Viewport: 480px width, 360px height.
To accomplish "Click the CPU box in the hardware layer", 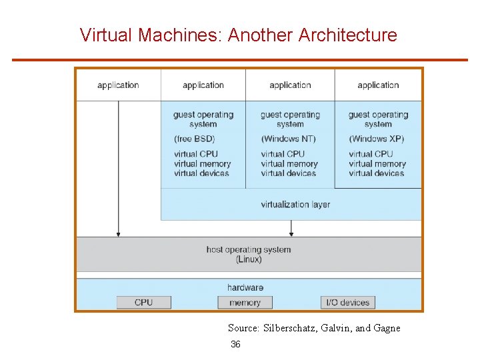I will click(x=143, y=302).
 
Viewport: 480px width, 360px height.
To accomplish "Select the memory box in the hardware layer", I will click(x=245, y=302).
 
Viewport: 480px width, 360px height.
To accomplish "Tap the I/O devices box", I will click(x=347, y=302).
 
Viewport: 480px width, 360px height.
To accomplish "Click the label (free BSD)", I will click(x=194, y=139).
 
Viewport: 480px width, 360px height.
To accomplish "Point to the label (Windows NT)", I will click(x=288, y=139).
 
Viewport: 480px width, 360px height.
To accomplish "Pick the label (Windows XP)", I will click(x=376, y=139).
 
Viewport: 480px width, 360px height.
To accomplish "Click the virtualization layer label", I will click(x=295, y=204).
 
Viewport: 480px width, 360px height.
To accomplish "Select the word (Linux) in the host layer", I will click(x=249, y=259).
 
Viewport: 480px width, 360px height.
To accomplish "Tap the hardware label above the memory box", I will click(x=245, y=287).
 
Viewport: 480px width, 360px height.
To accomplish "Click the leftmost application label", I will click(x=118, y=85).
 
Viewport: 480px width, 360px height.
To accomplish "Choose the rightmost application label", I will click(x=378, y=85).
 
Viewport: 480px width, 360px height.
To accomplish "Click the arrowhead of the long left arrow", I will click(x=119, y=233).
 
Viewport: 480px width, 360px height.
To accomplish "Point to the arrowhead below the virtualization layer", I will click(x=291, y=233).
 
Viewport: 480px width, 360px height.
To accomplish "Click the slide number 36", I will click(x=235, y=344).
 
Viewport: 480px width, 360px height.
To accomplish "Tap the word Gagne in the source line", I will click(x=387, y=327).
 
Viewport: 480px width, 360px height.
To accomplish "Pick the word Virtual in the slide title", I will click(x=106, y=35).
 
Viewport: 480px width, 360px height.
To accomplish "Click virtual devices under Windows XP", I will click(x=376, y=173).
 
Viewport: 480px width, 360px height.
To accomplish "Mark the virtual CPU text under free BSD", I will click(x=196, y=154).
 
